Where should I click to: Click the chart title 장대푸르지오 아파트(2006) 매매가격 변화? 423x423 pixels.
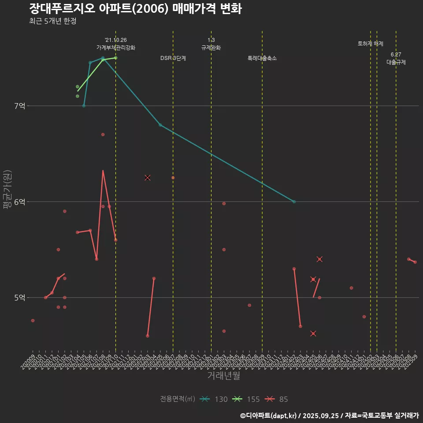pyautogui.click(x=135, y=9)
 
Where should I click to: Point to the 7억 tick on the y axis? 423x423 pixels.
pyautogui.click(x=20, y=106)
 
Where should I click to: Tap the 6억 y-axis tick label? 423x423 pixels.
pyautogui.click(x=20, y=202)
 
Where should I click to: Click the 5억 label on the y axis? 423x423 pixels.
pyautogui.click(x=20, y=298)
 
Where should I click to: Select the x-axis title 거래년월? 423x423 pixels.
pyautogui.click(x=224, y=376)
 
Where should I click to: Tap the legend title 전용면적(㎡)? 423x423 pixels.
pyautogui.click(x=177, y=399)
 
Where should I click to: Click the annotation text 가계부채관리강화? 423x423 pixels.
pyautogui.click(x=116, y=48)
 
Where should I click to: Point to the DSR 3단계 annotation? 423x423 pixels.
pyautogui.click(x=173, y=58)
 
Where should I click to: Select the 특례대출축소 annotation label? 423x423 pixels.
pyautogui.click(x=262, y=58)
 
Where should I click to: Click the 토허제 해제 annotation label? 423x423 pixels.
pyautogui.click(x=371, y=44)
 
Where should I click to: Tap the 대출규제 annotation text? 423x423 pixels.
pyautogui.click(x=396, y=62)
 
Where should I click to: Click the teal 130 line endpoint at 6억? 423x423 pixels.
pyautogui.click(x=294, y=202)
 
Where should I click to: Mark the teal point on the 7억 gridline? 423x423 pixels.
pyautogui.click(x=84, y=106)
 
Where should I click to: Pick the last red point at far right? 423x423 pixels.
pyautogui.click(x=415, y=262)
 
